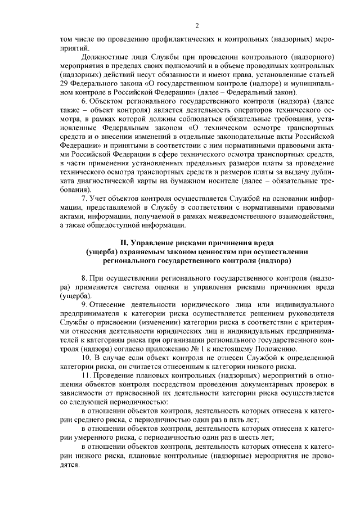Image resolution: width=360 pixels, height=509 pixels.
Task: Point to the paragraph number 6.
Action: pyautogui.click(x=84, y=101)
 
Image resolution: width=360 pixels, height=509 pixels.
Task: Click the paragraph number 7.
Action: pyautogui.click(x=84, y=198)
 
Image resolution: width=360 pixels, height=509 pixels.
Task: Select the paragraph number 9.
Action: pyautogui.click(x=84, y=304)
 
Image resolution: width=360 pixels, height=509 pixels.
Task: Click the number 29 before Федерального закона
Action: pyautogui.click(x=64, y=83)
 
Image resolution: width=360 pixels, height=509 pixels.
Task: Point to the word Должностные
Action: pyautogui.click(x=106, y=57)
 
